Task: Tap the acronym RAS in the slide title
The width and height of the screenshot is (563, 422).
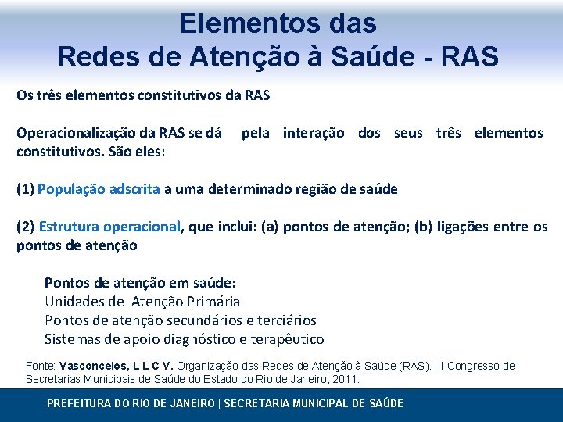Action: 468,56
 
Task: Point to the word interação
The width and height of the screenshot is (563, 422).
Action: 313,133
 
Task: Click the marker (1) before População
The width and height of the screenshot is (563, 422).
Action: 26,189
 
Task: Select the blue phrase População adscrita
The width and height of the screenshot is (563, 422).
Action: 99,189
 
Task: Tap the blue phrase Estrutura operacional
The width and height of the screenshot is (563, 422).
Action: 110,227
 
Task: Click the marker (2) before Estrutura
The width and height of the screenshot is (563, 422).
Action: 26,227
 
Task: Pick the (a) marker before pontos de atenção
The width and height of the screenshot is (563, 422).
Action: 270,227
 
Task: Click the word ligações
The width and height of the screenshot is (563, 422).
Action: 477,227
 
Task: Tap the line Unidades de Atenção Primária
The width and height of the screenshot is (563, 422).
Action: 142,302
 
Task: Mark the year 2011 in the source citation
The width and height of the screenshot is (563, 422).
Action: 345,380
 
